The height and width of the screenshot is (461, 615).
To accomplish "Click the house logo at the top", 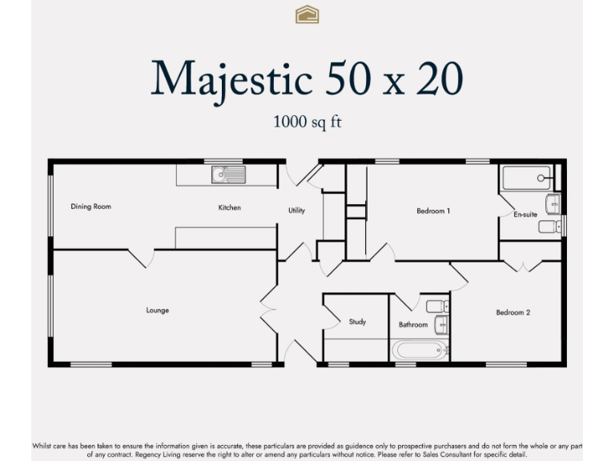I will [307, 14].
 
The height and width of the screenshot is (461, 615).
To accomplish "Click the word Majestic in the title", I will [231, 78].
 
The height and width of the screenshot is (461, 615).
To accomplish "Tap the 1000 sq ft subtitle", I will [307, 122].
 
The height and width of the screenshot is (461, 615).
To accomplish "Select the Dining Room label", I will [90, 206].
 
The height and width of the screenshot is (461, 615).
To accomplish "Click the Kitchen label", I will [230, 208].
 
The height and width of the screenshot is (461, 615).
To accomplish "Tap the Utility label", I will [297, 210].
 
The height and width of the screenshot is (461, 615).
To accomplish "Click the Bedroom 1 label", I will [433, 211].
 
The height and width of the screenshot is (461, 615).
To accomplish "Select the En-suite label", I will [525, 214].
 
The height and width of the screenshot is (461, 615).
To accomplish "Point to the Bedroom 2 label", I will [512, 313].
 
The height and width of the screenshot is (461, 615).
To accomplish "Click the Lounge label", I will [158, 311].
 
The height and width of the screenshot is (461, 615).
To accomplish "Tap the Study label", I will [357, 322].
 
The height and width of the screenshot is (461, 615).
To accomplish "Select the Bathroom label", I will [413, 325].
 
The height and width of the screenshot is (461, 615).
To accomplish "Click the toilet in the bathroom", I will [437, 306].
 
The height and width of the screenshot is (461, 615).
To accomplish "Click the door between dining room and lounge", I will [141, 257].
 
